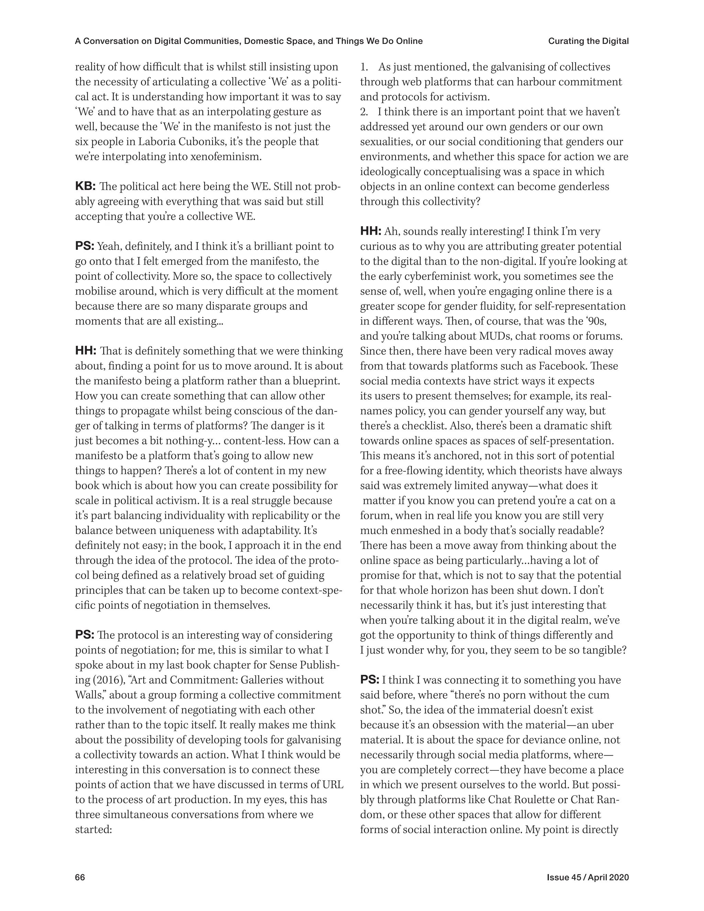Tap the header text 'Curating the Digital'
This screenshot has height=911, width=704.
(588, 41)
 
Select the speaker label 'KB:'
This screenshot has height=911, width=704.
(86, 186)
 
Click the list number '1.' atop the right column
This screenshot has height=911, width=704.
(364, 67)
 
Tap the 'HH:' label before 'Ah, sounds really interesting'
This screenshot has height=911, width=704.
(371, 231)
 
